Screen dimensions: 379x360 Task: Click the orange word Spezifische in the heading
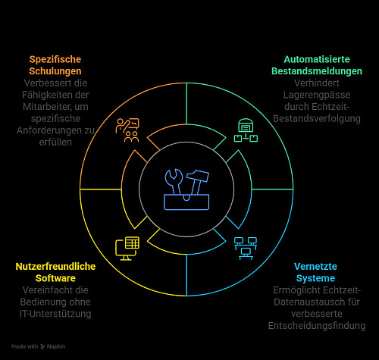click(55, 60)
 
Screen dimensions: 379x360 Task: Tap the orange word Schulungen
click(55, 71)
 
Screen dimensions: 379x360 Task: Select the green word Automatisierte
click(317, 59)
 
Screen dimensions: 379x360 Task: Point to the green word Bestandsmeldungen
click(317, 71)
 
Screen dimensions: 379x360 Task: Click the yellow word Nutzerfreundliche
click(55, 267)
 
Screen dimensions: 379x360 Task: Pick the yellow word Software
click(55, 278)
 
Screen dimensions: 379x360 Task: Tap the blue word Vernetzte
click(315, 267)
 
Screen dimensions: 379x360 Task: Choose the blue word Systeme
click(315, 278)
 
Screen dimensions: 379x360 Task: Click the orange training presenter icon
click(127, 130)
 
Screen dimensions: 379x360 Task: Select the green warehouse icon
click(246, 130)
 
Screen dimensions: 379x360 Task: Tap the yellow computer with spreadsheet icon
click(127, 249)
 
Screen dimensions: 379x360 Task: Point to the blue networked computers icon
click(246, 249)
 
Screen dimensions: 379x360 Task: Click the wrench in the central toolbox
click(174, 180)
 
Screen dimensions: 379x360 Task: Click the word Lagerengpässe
click(317, 95)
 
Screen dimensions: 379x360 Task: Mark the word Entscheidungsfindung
click(317, 326)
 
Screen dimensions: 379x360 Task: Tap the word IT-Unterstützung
click(55, 314)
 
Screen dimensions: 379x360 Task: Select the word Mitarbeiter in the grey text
click(45, 107)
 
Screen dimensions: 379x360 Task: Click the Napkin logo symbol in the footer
click(42, 346)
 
